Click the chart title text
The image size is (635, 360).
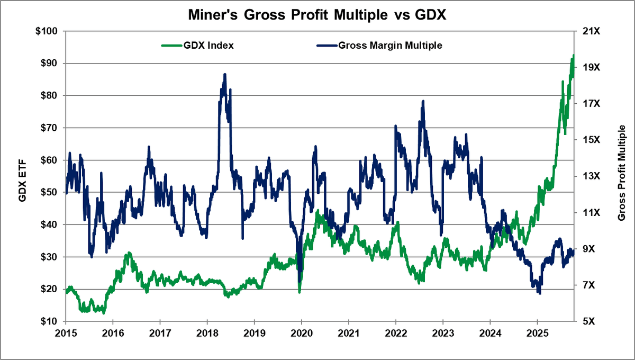pos(317,15)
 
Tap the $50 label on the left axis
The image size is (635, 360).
pos(48,192)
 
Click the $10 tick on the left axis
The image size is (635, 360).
pos(48,321)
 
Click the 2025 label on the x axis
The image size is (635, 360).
pos(537,332)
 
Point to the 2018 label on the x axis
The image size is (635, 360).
pos(207,332)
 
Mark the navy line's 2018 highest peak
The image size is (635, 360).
pos(225,75)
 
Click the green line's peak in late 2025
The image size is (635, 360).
pos(574,56)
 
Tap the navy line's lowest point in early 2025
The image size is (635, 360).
pos(539,293)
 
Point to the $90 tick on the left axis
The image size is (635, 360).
pos(48,64)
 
